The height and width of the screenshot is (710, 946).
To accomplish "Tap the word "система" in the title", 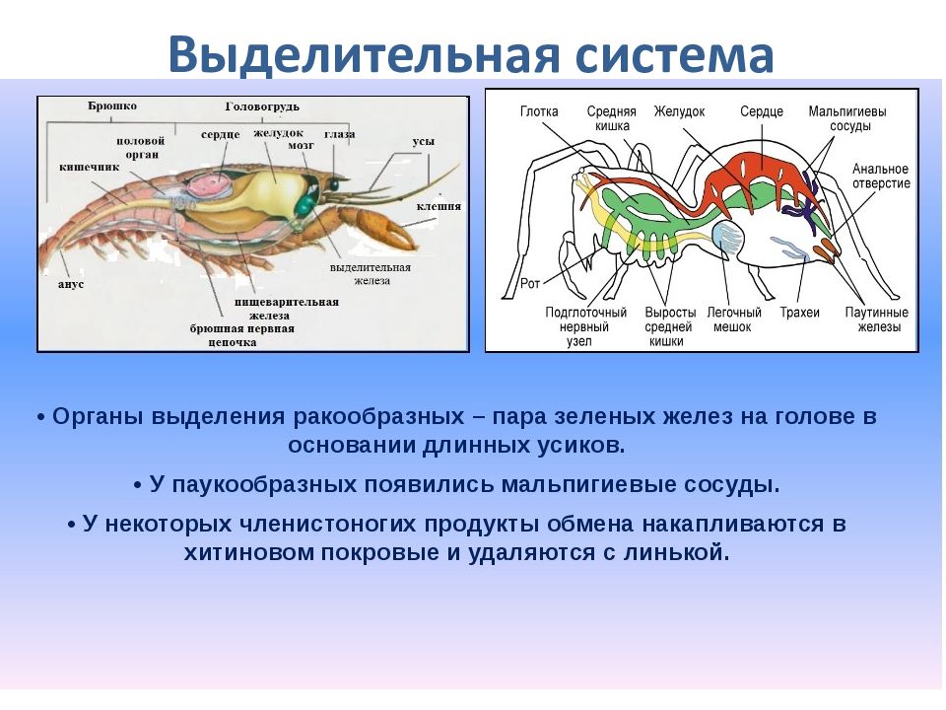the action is click(x=674, y=55).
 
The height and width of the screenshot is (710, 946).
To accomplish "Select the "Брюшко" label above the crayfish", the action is click(x=112, y=106).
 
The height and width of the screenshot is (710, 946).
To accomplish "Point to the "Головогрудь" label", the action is click(x=262, y=106).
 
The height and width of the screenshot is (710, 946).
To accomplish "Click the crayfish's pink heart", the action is click(x=209, y=184).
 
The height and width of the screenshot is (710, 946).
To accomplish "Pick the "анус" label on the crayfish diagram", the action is click(x=71, y=284).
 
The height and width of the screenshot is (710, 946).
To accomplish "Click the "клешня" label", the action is click(x=439, y=206).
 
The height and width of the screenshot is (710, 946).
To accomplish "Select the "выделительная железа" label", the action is click(x=371, y=274).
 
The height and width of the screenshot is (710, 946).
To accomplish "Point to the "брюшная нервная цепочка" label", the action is click(x=242, y=335).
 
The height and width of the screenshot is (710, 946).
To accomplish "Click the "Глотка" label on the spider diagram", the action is click(x=539, y=111).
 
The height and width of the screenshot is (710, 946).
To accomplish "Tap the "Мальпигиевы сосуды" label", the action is click(x=847, y=118).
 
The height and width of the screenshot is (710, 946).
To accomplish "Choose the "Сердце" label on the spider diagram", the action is click(x=762, y=111).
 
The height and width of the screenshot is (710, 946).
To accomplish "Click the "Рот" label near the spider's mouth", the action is click(x=530, y=283).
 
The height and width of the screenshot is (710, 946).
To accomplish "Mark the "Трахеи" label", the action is click(x=799, y=313).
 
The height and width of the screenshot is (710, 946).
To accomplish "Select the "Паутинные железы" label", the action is click(x=877, y=319).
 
